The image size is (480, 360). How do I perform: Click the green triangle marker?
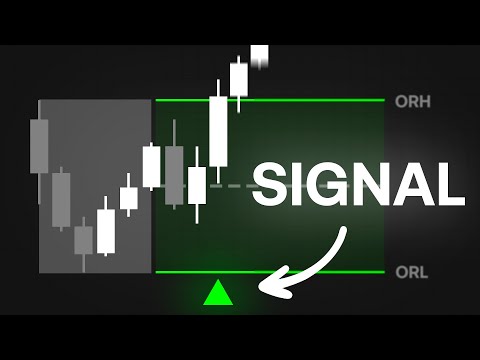click(x=217, y=293)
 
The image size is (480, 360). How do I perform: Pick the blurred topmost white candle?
click(x=260, y=56)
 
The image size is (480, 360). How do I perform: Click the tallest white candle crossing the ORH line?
click(x=218, y=130)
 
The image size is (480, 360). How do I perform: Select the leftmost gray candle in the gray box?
click(x=39, y=146)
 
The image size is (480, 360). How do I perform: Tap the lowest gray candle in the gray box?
click(x=84, y=240)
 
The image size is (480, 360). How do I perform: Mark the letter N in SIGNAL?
click(x=375, y=185)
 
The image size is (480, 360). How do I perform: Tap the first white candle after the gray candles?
click(x=106, y=229)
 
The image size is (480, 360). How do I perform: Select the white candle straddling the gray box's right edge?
click(x=152, y=166)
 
